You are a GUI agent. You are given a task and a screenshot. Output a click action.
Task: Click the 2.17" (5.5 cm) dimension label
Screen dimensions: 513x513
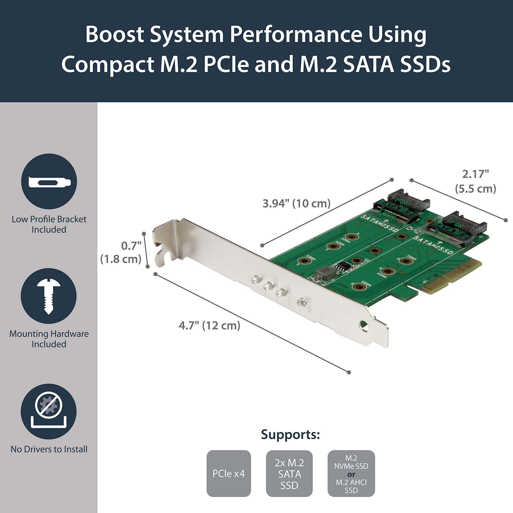(475, 182)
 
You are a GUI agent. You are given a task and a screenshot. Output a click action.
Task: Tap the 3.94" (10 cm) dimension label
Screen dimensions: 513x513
(296, 204)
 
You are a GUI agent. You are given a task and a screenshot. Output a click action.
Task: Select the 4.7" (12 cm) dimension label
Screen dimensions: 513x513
(209, 326)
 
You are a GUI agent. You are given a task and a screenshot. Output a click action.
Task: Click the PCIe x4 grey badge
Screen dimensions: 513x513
(229, 474)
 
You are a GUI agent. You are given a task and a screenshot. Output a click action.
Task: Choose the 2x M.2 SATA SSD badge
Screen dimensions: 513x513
(289, 474)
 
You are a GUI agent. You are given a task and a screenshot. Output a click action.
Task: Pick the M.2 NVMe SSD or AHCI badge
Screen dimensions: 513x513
(351, 474)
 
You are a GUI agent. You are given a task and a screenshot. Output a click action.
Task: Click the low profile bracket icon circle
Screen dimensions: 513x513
(49, 182)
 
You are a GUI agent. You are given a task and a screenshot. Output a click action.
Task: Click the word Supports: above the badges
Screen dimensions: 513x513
(290, 435)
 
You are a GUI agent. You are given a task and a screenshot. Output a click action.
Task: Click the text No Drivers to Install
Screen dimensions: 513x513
(49, 449)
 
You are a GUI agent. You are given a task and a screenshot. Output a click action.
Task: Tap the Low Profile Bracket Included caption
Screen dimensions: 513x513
(49, 224)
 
